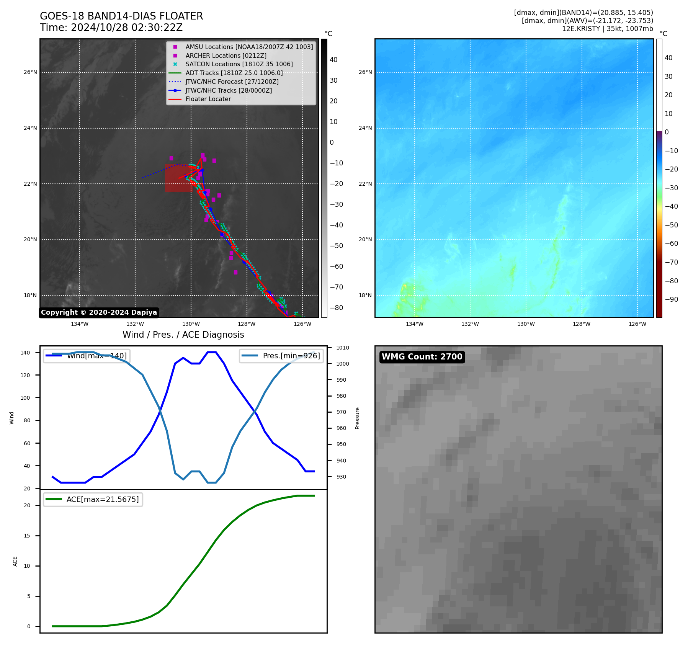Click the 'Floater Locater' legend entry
(x=208, y=99)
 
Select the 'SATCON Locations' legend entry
(x=239, y=64)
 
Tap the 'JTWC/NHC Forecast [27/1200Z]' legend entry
(x=232, y=82)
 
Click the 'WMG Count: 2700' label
(x=422, y=357)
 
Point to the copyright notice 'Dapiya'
(x=99, y=312)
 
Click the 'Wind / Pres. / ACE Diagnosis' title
(x=183, y=335)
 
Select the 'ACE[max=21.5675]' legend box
(x=93, y=500)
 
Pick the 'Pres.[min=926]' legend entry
(x=281, y=356)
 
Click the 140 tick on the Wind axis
(x=25, y=353)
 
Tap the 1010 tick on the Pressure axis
(x=343, y=348)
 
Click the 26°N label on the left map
(x=31, y=72)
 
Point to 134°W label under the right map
(x=414, y=324)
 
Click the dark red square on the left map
(x=178, y=178)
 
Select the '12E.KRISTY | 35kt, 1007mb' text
(x=607, y=29)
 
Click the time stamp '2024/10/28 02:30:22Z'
(x=127, y=28)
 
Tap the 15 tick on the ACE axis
(x=27, y=536)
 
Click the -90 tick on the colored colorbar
(x=671, y=299)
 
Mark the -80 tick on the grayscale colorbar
(x=337, y=308)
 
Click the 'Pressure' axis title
(x=357, y=418)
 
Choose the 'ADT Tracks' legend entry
(x=234, y=73)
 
